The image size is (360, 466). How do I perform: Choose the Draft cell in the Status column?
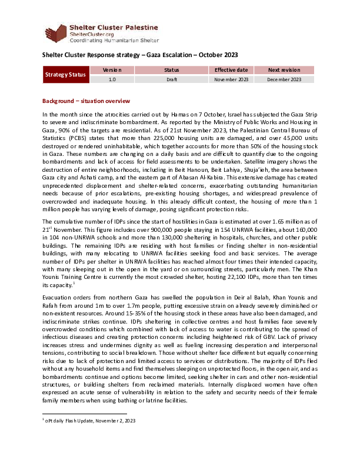pyautogui.click(x=172, y=79)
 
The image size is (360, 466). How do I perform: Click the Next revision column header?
pyautogui.click(x=284, y=70)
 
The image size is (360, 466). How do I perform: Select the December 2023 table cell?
pyautogui.click(x=284, y=79)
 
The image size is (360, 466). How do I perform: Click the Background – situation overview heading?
pyautogui.click(x=86, y=101)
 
